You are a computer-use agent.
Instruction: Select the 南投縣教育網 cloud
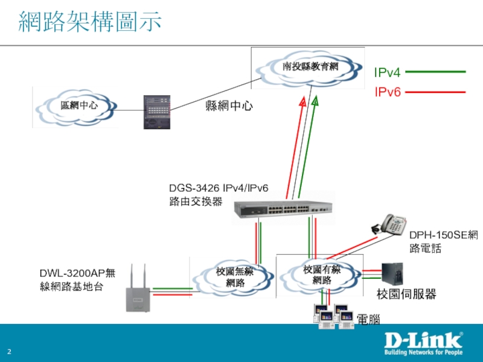pos(310,67)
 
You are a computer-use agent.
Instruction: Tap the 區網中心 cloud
pos(79,107)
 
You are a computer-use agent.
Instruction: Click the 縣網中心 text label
pos(229,107)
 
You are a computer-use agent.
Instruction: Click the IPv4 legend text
pos(387,73)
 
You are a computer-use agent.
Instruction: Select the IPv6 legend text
pos(387,92)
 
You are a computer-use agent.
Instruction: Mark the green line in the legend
pos(435,72)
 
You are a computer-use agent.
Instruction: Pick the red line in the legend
pos(435,92)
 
